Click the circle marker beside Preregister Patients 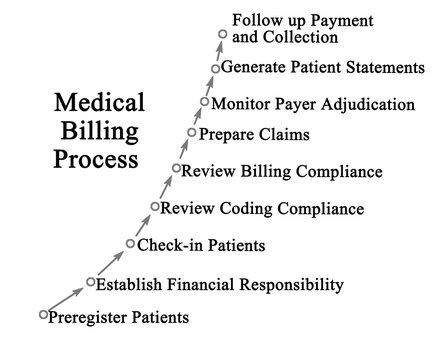(43, 314)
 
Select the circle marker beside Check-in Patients (130, 243)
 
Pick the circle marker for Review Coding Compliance (155, 206)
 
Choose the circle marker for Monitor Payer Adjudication (205, 102)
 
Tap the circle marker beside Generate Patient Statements (215, 68)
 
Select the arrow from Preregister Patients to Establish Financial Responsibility (67, 298)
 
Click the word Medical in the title (98, 103)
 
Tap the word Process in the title (98, 159)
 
